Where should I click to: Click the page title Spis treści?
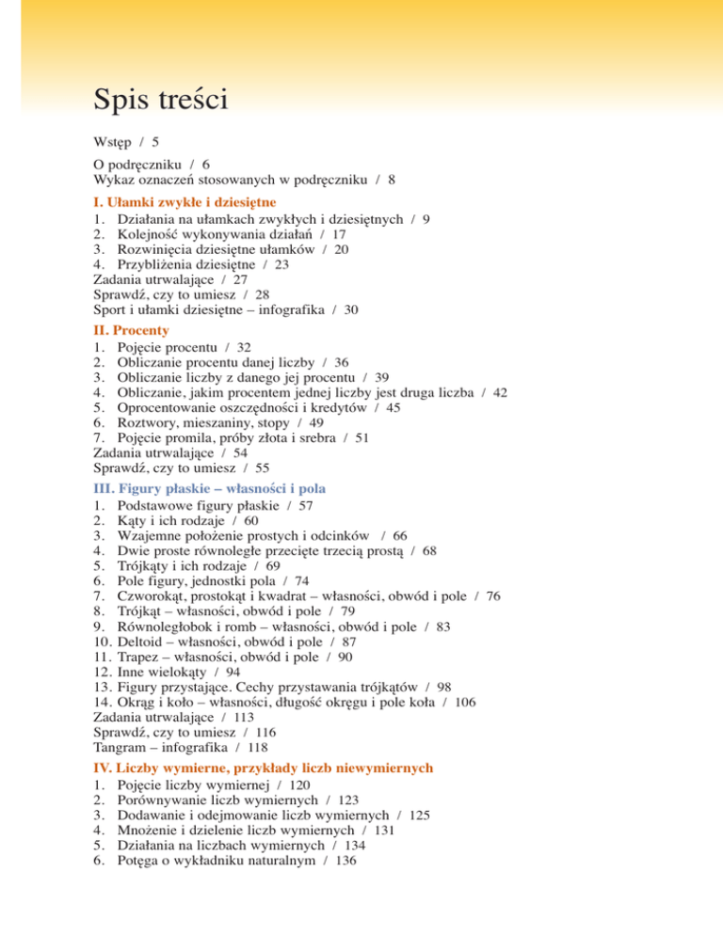click(x=160, y=98)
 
